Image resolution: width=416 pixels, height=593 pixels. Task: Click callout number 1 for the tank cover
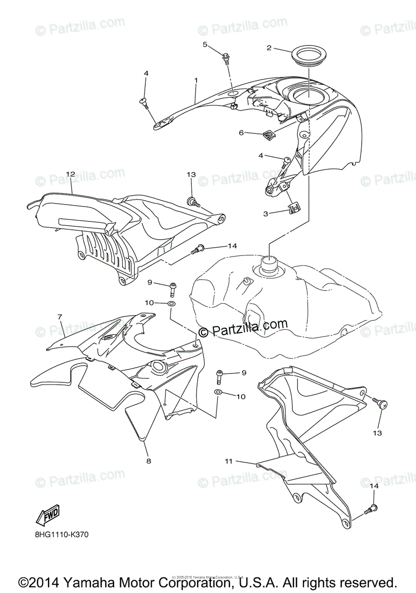pyautogui.click(x=196, y=80)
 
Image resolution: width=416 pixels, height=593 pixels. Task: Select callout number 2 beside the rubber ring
pyautogui.click(x=269, y=48)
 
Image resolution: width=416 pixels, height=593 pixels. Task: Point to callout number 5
pyautogui.click(x=205, y=44)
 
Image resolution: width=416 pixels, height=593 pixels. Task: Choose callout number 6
pyautogui.click(x=242, y=132)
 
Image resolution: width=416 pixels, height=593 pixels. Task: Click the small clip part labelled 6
pyautogui.click(x=269, y=133)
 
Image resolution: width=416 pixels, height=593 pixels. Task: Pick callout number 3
pyautogui.click(x=265, y=213)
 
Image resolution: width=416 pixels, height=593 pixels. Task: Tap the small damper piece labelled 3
pyautogui.click(x=294, y=209)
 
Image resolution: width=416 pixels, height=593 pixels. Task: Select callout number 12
pyautogui.click(x=70, y=174)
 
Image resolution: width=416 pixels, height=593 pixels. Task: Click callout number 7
pyautogui.click(x=59, y=316)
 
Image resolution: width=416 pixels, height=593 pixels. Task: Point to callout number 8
pyautogui.click(x=148, y=461)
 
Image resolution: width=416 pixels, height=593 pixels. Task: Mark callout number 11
pyautogui.click(x=228, y=461)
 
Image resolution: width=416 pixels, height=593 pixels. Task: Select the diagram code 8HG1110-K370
pyautogui.click(x=62, y=534)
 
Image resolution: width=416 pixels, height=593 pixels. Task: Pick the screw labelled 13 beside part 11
pyautogui.click(x=381, y=404)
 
